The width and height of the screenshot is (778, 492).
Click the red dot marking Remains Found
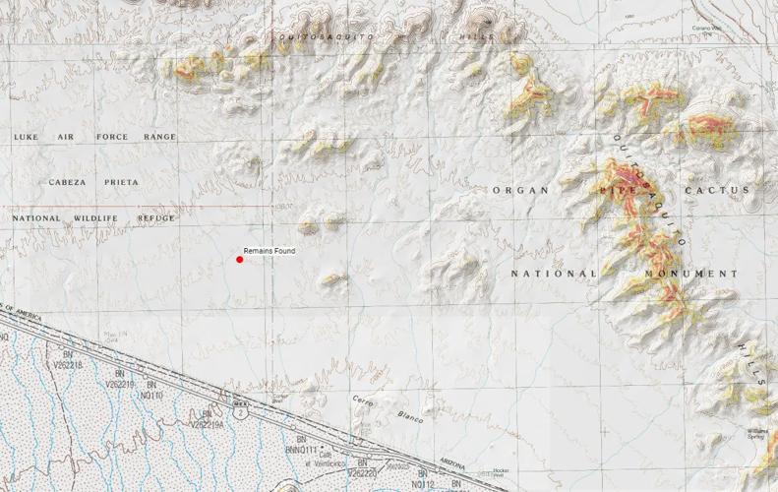pos(239,260)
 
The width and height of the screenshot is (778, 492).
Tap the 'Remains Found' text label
pos(269,251)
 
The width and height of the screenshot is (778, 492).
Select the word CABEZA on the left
pos(68,182)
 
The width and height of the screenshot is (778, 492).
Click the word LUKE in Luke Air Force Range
pos(25,137)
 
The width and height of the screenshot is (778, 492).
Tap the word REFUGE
pos(156,217)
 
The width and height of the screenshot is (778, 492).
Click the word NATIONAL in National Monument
pos(553,273)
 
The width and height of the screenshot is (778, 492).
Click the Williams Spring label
pos(756,434)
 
